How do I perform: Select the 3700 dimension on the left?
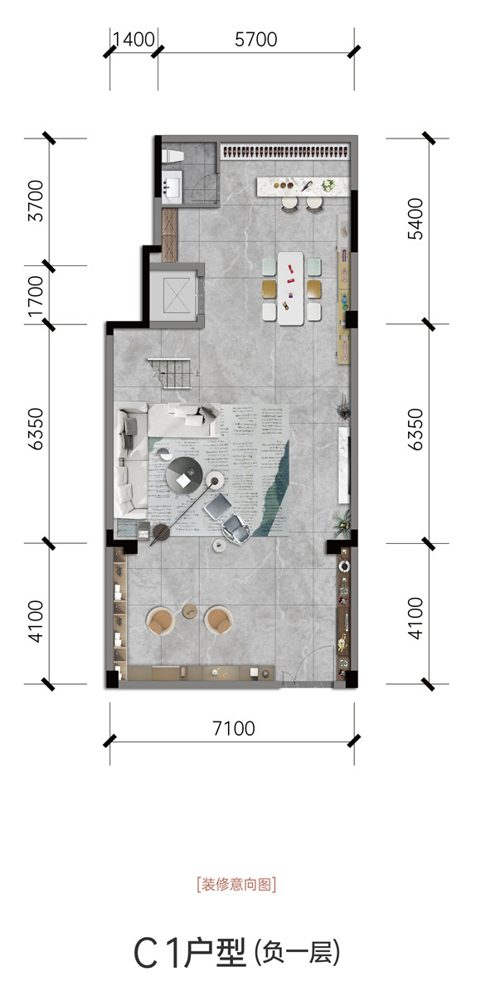point(36,201)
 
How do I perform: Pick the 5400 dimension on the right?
point(415,219)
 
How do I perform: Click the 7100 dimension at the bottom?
point(234,728)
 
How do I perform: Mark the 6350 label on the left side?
point(36,429)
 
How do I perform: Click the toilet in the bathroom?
point(172,155)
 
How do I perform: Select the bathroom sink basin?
point(172,187)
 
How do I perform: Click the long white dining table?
point(291,289)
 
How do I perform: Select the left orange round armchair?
point(162,620)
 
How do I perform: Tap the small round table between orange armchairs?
point(190,610)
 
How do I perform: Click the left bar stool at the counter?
point(289,203)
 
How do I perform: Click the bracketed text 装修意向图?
point(236,884)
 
